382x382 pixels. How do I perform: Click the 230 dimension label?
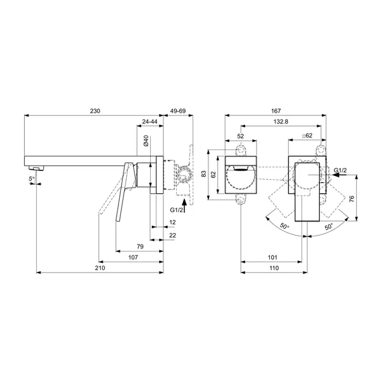95,111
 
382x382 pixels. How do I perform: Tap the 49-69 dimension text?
178,111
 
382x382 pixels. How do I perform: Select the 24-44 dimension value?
150,122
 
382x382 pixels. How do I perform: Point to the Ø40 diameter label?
146,141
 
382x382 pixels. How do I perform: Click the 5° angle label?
32,179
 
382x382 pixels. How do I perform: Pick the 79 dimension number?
140,246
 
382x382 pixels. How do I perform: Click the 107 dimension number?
133,257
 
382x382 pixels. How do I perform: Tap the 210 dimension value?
100,268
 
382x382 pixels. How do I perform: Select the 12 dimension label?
172,222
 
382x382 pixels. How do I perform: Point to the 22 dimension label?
172,235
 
